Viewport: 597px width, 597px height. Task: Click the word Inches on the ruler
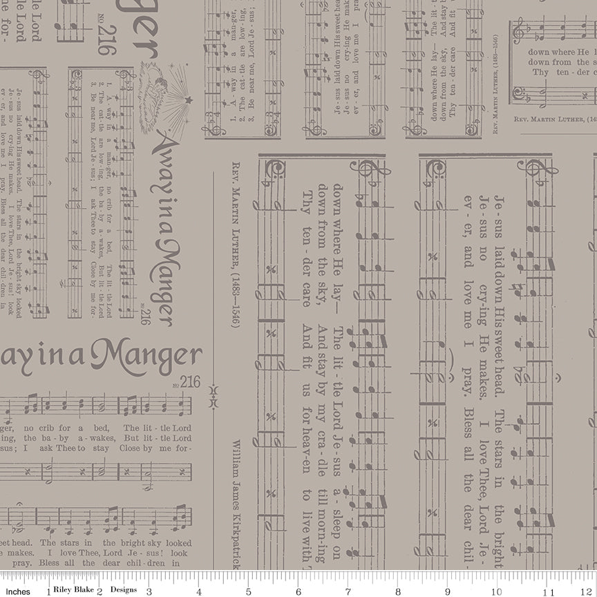click(19, 592)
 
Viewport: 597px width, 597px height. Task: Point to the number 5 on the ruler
click(247, 592)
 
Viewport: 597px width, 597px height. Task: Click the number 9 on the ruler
click(448, 592)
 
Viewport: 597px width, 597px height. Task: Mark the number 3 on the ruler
click(148, 592)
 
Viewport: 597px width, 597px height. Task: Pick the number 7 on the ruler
click(347, 592)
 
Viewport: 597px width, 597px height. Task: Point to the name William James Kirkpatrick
click(236, 502)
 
